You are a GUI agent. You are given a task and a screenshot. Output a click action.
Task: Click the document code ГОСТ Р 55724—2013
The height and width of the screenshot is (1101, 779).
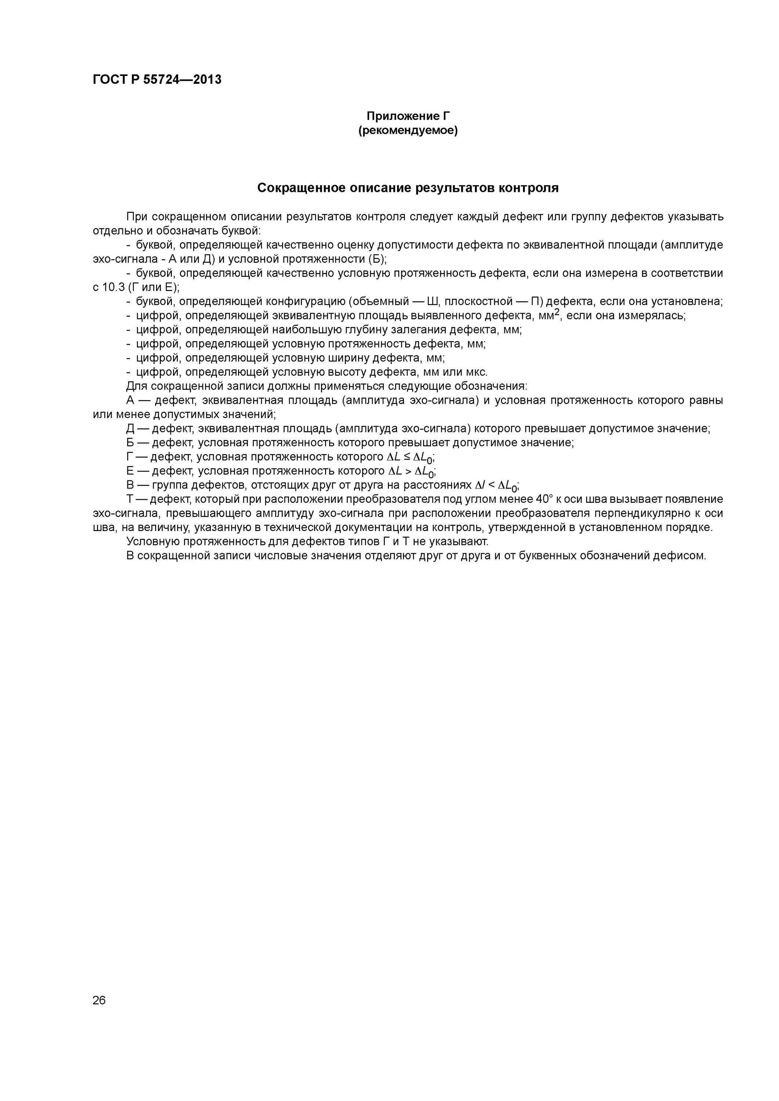pos(157,80)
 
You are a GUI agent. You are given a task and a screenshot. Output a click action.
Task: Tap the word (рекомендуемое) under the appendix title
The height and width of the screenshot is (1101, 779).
pos(408,130)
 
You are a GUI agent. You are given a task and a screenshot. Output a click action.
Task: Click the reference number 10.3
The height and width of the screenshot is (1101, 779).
pos(114,287)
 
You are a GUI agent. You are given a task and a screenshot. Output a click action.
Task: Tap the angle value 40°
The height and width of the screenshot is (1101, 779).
pos(545,499)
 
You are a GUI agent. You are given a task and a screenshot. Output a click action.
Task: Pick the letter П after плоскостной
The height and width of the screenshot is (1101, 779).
pos(535,302)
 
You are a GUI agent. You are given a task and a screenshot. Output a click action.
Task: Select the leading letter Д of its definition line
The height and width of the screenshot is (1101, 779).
pos(130,429)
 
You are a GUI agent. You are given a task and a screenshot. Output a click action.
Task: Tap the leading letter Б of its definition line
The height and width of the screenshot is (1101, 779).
pos(130,443)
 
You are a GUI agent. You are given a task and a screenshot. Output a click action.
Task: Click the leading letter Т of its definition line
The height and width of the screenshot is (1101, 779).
pos(130,499)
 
